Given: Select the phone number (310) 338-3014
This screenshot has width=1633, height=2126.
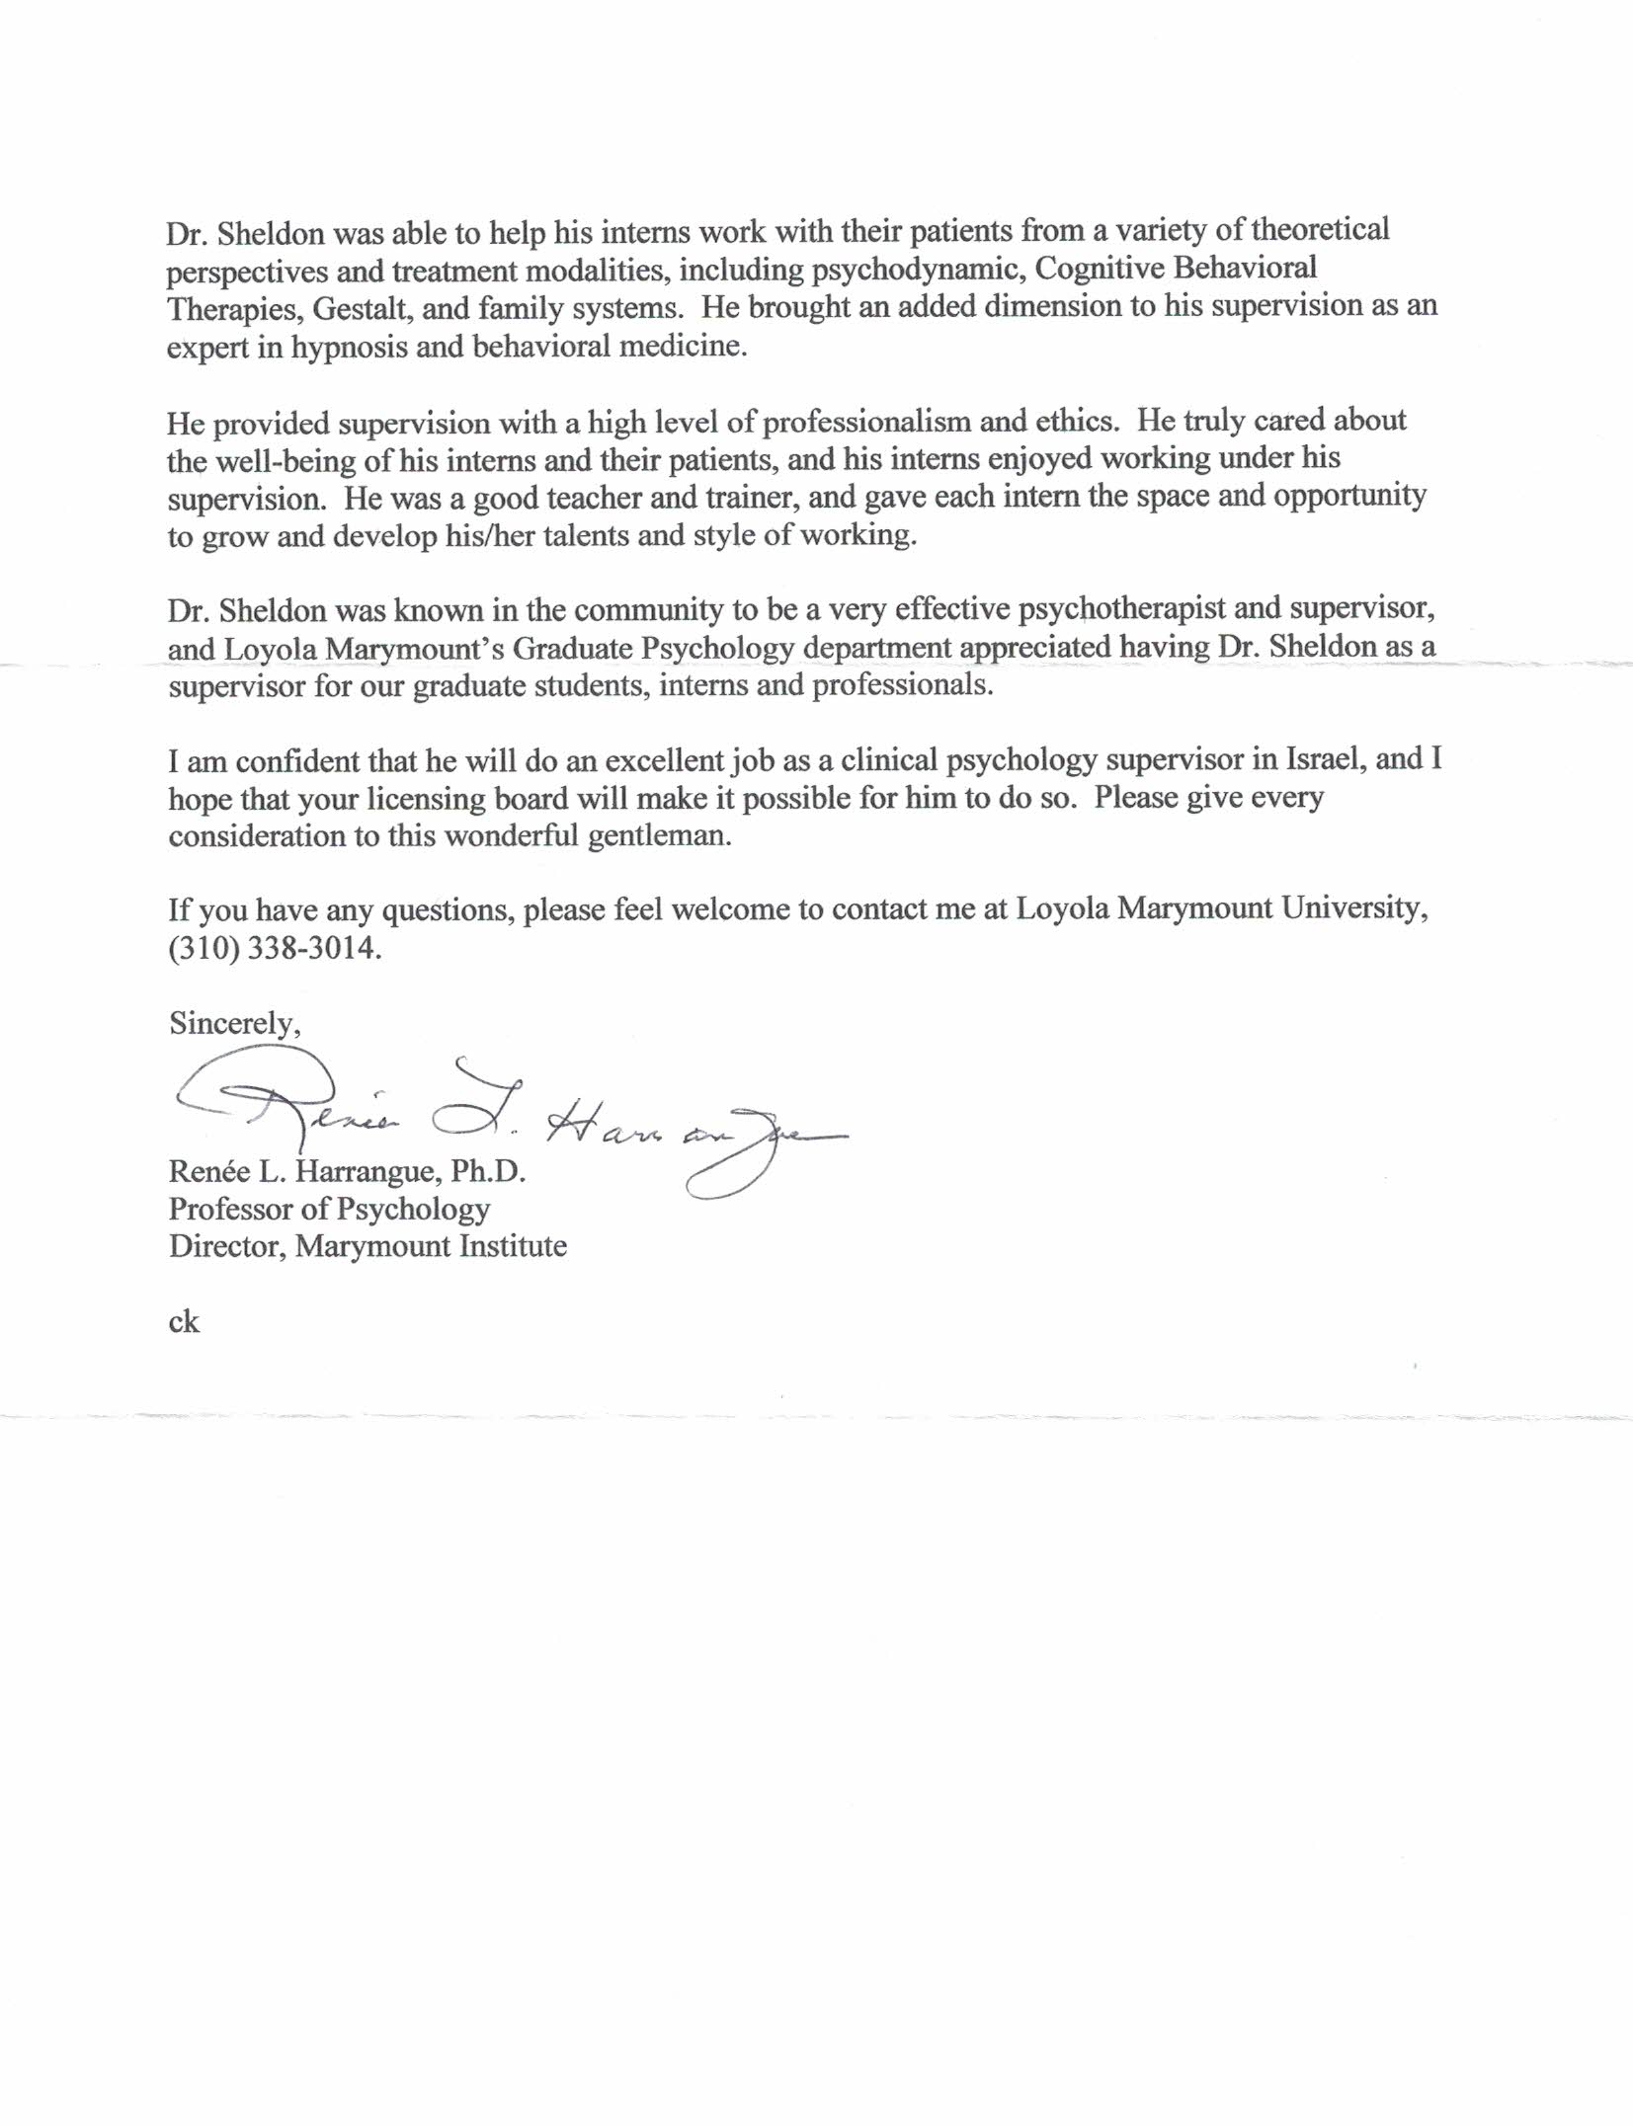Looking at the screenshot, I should pyautogui.click(x=274, y=949).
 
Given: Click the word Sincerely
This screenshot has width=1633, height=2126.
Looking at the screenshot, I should pyautogui.click(x=234, y=1023).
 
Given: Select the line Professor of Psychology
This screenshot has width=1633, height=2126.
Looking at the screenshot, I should pyautogui.click(x=329, y=1209).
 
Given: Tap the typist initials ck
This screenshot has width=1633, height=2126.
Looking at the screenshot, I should pyautogui.click(x=184, y=1321).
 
